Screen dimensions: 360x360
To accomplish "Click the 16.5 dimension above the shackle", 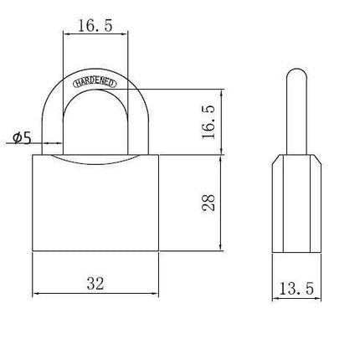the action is (x=95, y=26).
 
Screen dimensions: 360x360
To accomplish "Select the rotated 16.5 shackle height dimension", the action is (x=208, y=122).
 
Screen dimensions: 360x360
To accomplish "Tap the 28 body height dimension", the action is (x=208, y=203).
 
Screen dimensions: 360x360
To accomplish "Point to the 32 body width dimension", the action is (x=95, y=284).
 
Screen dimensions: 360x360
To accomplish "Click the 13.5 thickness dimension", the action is (x=296, y=289).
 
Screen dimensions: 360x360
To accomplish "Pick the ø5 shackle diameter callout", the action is (x=22, y=137).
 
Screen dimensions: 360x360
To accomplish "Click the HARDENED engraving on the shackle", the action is (x=95, y=83).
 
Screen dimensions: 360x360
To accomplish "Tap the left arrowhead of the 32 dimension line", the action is (x=36, y=294).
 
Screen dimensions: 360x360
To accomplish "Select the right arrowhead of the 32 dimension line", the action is (x=155, y=294).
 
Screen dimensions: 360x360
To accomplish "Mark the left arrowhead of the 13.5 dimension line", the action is (x=275, y=299).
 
